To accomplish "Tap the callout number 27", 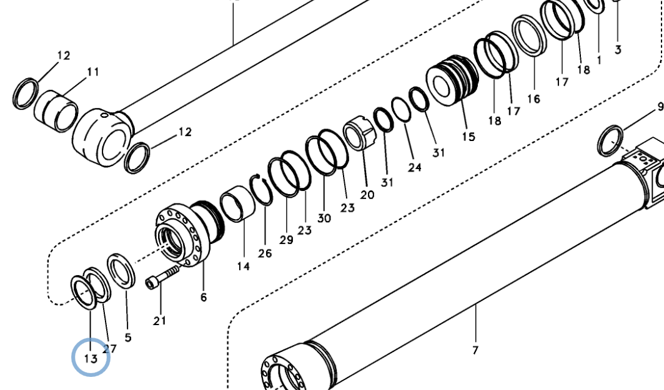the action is point(110,349).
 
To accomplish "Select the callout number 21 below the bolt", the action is point(160,321).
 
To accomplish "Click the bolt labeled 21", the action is point(162,276).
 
